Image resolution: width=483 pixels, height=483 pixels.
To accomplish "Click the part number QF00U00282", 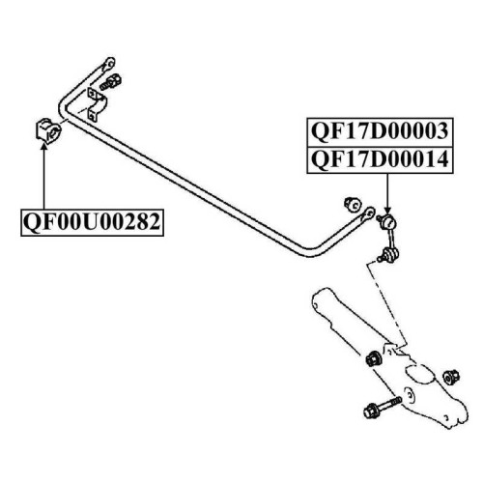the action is coord(92,222).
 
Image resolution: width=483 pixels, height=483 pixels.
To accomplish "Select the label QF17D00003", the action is coord(380,131).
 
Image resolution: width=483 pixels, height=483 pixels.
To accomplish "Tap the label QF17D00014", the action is coord(380,159).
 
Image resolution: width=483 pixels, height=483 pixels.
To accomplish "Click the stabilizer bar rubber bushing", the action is coord(48,131).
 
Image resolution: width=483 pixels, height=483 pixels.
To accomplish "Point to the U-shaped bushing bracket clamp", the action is coord(97,104).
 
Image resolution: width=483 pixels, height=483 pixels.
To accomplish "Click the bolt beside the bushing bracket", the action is coord(110,82).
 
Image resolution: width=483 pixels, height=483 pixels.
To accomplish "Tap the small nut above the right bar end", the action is coord(354,204).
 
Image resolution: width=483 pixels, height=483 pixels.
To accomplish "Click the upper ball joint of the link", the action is coord(387,221).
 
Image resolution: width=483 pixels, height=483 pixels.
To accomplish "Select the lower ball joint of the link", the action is coord(389,254).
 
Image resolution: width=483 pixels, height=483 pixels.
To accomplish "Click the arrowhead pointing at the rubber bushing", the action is coord(44,147).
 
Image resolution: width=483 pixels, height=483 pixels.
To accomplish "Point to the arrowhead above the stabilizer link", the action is coord(387,210).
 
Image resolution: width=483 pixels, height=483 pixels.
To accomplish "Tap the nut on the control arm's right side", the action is coord(451,378).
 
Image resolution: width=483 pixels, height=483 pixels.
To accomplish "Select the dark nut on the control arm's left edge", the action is coord(374,358).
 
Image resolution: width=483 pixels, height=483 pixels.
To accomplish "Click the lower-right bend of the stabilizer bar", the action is coord(308,252).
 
